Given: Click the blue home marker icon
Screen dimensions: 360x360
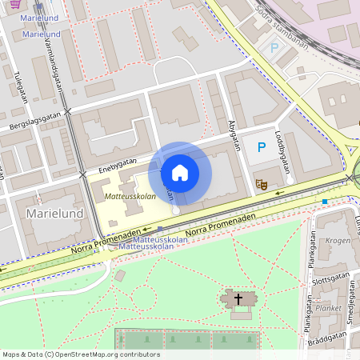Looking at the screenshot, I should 180,173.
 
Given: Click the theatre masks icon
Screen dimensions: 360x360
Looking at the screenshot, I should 260,184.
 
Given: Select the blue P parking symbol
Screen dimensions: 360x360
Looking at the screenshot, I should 260,146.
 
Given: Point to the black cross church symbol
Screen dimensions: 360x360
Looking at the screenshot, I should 238,299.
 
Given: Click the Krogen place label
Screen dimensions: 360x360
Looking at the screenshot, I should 338,240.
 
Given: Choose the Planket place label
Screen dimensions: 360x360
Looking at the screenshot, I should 329,307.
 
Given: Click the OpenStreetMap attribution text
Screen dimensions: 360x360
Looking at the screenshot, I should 81,354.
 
